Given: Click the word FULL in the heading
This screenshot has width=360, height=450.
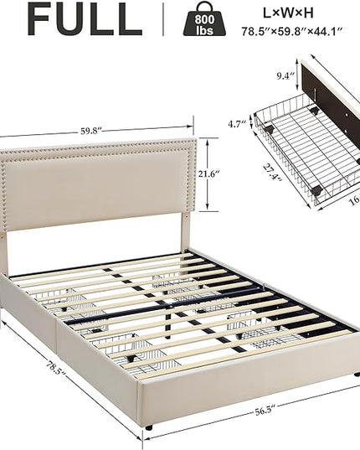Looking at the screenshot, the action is (85, 19).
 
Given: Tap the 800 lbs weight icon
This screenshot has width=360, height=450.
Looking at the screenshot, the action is (204, 19).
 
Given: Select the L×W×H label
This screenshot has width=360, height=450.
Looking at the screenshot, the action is (288, 13).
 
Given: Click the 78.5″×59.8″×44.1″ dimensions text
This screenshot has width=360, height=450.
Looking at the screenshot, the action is (292, 31).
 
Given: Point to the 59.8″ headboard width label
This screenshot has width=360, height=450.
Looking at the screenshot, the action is (91, 132).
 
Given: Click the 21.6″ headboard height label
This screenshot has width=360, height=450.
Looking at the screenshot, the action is (209, 173).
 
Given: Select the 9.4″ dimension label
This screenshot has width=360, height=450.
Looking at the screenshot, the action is (285, 76).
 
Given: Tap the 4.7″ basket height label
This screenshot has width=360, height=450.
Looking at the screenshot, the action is (237, 124).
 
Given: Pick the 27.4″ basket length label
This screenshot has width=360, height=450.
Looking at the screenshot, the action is (272, 173).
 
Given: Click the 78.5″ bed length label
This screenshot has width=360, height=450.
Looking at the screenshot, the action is (56, 367).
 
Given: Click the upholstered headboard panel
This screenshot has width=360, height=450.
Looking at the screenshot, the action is (98, 184).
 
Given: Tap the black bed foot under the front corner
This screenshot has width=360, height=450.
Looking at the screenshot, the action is (148, 427).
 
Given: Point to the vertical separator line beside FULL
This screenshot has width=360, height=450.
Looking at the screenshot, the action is (163, 19).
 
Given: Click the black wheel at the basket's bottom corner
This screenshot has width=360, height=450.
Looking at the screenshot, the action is (316, 190).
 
